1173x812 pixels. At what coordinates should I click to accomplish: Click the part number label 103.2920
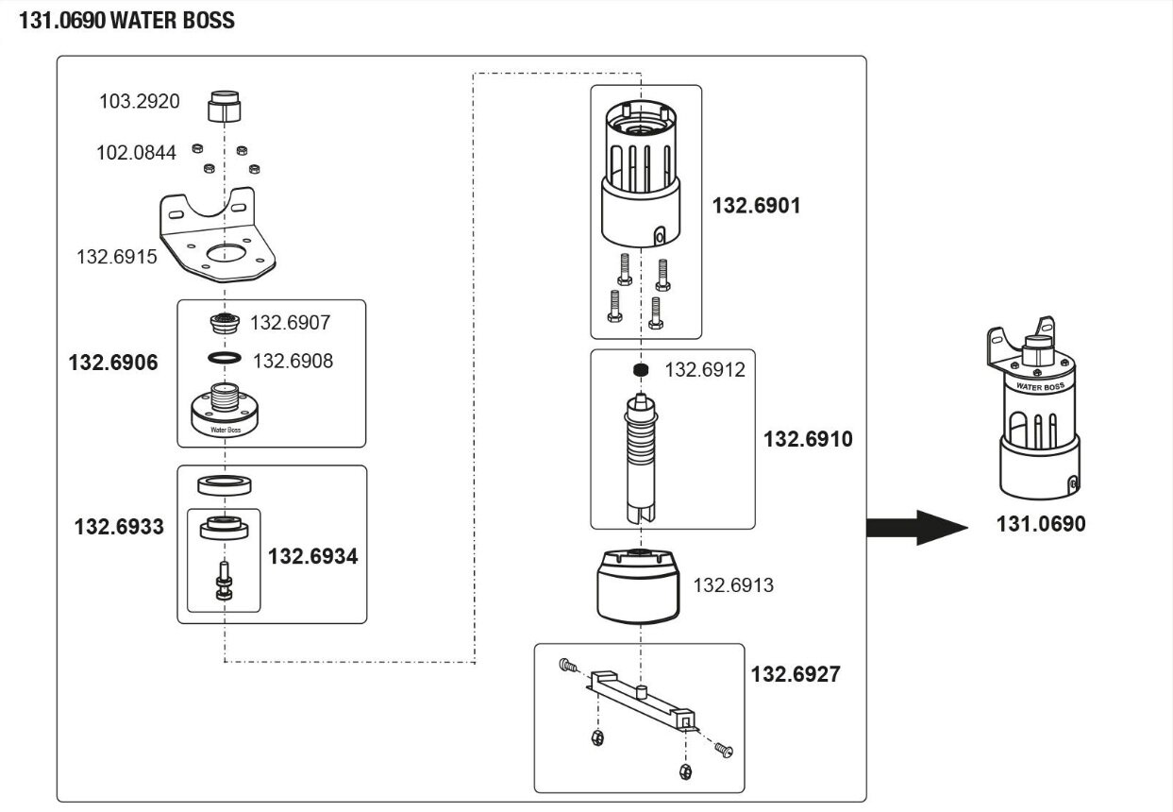[139, 101]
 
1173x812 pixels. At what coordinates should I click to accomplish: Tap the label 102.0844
[136, 152]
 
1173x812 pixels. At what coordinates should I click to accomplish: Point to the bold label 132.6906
[113, 362]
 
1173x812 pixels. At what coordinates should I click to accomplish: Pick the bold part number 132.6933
[119, 527]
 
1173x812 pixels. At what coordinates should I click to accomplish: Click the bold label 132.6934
[312, 556]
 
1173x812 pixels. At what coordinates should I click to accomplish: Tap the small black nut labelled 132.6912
[641, 369]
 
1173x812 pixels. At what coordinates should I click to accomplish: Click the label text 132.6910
[807, 439]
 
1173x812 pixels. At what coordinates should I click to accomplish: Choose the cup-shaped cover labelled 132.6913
[638, 586]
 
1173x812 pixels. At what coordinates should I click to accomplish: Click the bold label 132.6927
[795, 674]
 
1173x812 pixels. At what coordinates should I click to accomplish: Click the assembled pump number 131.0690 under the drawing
[1040, 524]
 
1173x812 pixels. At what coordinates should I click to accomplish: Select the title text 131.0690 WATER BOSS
[126, 21]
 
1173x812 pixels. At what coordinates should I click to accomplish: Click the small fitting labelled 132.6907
[225, 322]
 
